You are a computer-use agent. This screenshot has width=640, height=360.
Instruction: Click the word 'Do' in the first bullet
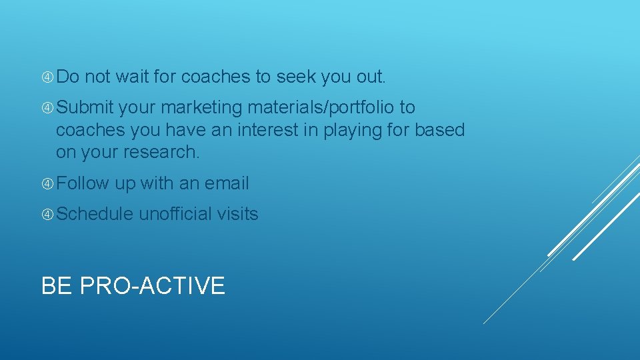coord(67,77)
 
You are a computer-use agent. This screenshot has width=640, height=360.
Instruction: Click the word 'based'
coord(439,130)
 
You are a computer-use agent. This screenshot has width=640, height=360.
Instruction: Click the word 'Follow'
coord(83,183)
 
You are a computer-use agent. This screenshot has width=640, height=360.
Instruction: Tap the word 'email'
coord(227,183)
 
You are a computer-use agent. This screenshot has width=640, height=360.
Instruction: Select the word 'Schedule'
coord(95,214)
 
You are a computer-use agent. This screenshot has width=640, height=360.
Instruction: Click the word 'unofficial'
coord(175,214)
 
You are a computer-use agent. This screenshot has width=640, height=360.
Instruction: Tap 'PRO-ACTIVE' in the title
coord(153,286)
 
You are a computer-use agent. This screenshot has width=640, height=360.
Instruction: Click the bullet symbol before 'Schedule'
coord(47,215)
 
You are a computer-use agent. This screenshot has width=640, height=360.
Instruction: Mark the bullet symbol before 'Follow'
coord(47,184)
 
